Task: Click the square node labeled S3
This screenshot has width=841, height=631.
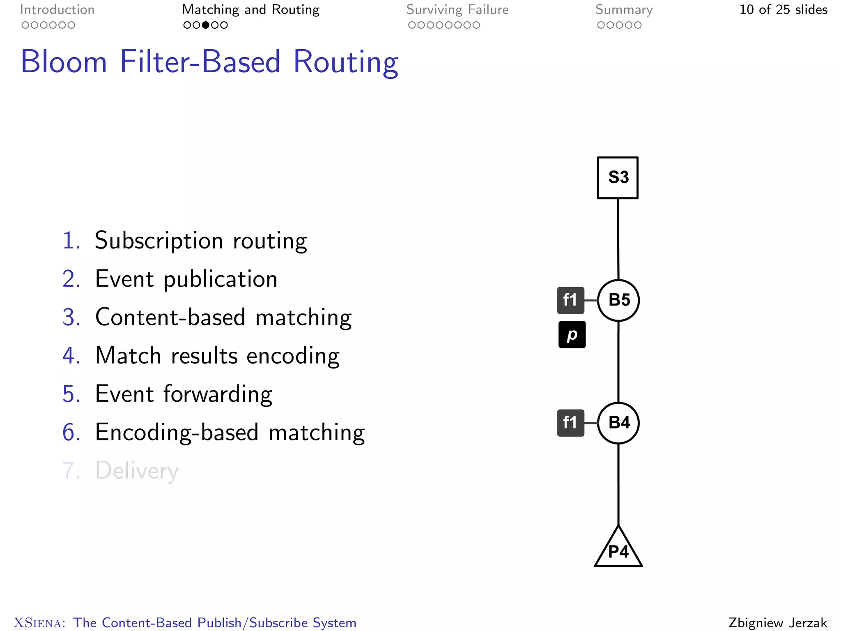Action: [618, 177]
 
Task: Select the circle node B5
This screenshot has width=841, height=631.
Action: [618, 300]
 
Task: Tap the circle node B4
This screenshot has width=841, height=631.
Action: [618, 423]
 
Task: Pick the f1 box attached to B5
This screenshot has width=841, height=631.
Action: [570, 300]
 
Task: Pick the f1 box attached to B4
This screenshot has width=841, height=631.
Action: [570, 423]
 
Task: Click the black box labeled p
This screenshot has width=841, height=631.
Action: [572, 334]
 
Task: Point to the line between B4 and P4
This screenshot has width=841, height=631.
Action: [618, 485]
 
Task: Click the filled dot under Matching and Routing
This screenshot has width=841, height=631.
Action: [205, 25]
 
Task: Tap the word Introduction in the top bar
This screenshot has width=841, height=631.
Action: [57, 9]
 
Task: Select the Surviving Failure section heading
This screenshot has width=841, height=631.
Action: [457, 9]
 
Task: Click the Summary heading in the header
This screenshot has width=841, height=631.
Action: [624, 9]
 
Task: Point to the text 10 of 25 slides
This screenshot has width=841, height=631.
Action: [783, 9]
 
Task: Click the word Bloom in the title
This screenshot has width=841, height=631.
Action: [64, 62]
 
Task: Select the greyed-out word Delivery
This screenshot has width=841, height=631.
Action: [137, 470]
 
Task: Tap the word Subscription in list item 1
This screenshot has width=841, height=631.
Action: [159, 241]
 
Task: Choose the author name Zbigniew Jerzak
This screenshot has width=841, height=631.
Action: [777, 622]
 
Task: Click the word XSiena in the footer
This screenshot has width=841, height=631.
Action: [39, 623]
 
